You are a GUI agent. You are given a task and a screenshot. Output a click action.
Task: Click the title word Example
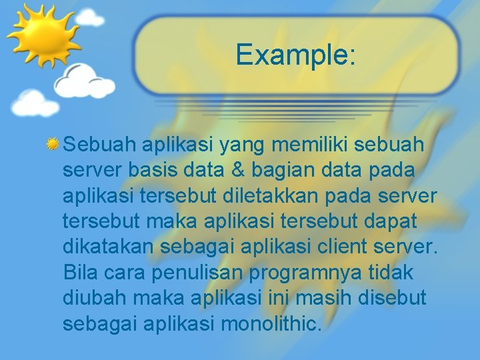coord(295,55)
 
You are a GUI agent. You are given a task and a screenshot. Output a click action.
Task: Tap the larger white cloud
coord(85,80)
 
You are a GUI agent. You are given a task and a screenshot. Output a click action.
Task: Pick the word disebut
coord(393,298)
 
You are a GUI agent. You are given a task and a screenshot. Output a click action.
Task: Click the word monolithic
coord(271,323)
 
